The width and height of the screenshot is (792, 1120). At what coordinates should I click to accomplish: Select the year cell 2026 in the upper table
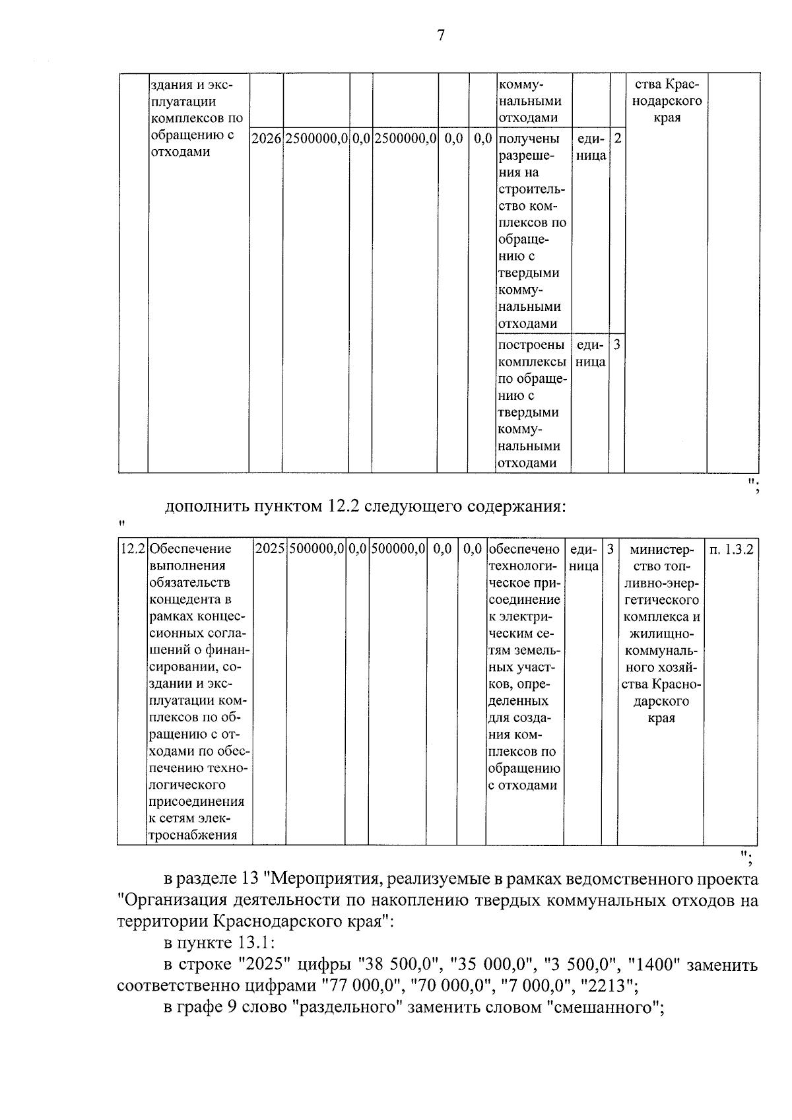click(266, 139)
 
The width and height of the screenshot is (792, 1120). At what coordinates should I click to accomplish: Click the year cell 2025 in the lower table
click(269, 549)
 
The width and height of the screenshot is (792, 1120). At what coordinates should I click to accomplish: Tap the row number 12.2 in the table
click(133, 549)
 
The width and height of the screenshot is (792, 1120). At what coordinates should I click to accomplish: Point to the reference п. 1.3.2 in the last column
click(731, 549)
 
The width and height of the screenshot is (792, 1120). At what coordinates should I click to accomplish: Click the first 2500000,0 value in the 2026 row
click(316, 139)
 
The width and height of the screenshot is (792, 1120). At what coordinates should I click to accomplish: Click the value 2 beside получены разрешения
click(617, 139)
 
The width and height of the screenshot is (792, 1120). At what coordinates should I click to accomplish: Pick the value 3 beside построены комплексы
click(616, 345)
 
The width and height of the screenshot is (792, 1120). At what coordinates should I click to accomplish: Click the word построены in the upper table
click(531, 345)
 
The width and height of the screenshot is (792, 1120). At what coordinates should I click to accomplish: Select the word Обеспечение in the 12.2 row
click(191, 549)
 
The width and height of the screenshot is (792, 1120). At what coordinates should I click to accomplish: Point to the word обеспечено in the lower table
click(524, 549)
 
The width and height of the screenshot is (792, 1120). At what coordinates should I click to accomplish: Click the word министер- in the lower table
click(661, 549)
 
